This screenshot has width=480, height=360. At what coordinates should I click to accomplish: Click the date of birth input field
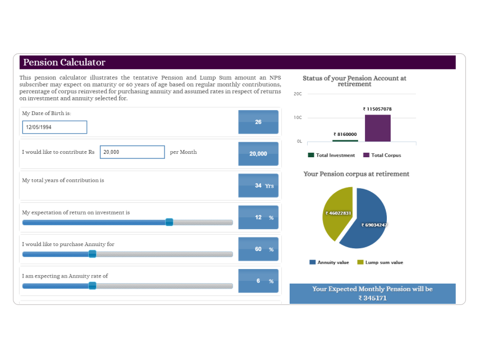[54, 127]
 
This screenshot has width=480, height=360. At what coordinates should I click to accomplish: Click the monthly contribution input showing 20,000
[132, 152]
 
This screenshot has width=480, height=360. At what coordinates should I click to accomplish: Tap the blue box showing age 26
[258, 122]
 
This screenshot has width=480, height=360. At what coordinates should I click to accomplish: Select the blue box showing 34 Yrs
[258, 185]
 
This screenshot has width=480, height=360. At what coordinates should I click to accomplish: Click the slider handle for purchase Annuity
[92, 254]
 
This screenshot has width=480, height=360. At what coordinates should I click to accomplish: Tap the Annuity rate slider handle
[92, 286]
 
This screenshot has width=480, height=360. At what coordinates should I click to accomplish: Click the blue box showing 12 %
[258, 217]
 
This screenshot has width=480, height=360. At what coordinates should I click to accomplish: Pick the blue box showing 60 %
[258, 249]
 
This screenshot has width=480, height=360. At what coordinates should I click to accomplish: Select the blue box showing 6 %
[258, 281]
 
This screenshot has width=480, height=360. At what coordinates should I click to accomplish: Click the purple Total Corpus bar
[377, 128]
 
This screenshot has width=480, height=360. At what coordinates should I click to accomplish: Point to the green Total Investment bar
[345, 140]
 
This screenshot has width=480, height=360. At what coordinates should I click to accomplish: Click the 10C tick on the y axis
[298, 117]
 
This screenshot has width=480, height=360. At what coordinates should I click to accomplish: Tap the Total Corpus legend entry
[382, 155]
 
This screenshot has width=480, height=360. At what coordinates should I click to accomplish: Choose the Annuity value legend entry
[329, 262]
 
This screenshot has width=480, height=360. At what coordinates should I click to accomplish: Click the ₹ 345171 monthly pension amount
[373, 298]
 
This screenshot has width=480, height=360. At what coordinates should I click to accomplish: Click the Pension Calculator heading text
[65, 62]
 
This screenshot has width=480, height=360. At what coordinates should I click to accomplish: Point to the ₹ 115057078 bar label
[377, 109]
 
